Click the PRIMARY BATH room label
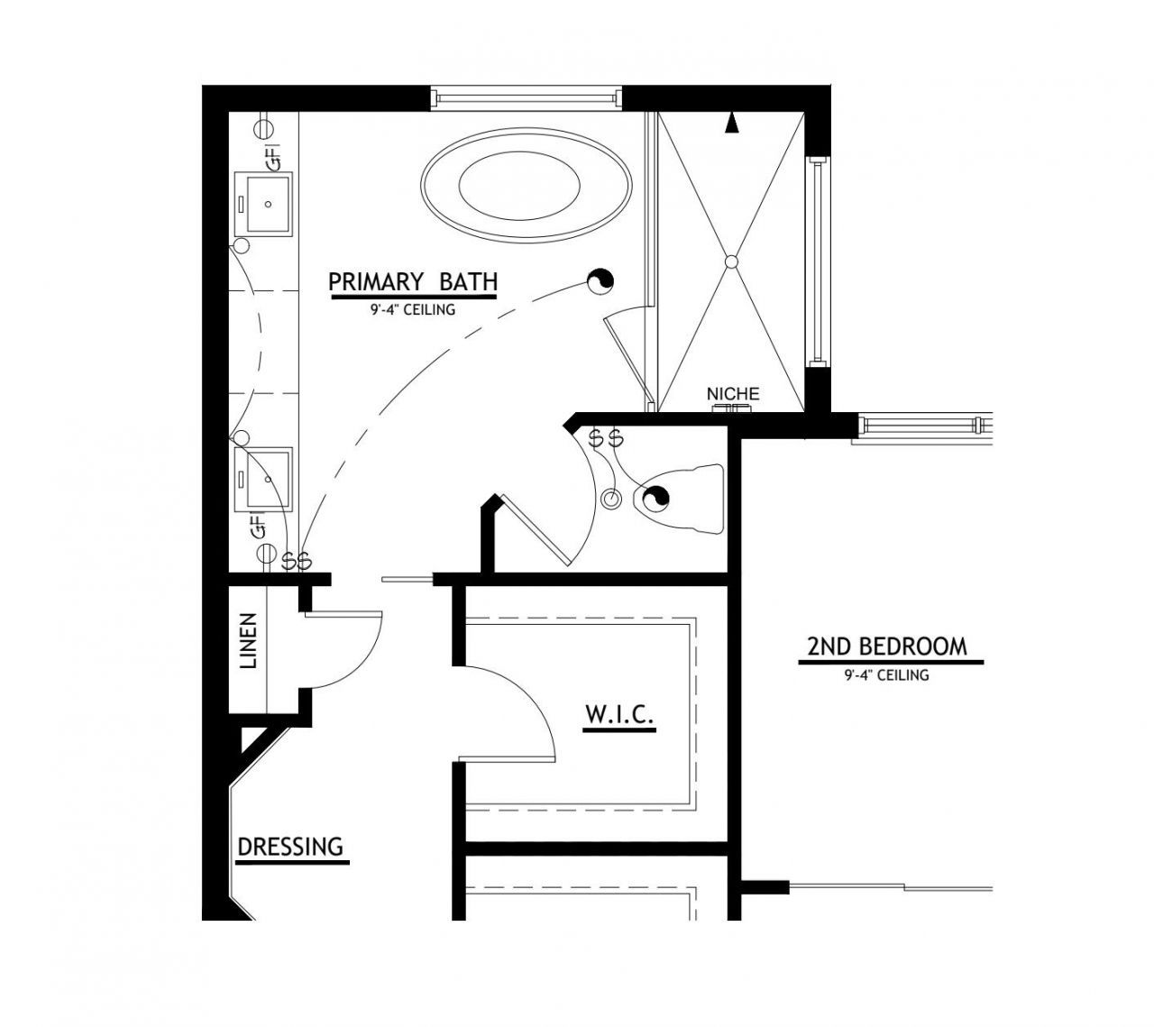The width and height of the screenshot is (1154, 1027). tap(412, 281)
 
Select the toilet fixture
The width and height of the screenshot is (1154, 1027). tap(682, 499)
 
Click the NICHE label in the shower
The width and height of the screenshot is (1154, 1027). tap(732, 394)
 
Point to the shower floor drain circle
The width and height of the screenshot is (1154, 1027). tap(731, 261)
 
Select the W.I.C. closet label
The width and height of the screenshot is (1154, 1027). tap(618, 714)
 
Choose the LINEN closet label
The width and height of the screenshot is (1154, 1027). tap(249, 640)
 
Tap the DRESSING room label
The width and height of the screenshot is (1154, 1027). tap(290, 847)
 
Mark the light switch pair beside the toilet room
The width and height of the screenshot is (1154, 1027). tap(606, 439)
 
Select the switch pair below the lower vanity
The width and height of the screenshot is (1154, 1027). tap(297, 561)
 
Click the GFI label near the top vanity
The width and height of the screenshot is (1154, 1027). tap(276, 156)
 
